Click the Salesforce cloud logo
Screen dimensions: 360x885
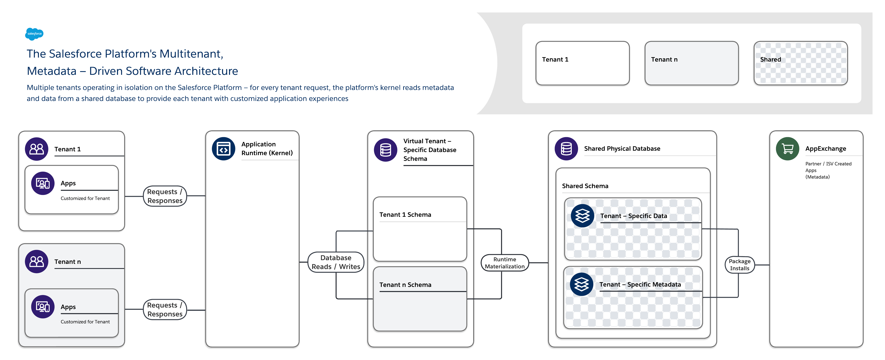pos(34,34)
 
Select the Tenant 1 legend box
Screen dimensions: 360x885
pos(582,63)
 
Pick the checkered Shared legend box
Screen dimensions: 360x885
pos(800,63)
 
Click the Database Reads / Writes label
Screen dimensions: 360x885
pos(336,262)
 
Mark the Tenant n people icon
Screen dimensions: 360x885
pos(36,261)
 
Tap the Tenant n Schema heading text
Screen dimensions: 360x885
pos(405,285)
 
